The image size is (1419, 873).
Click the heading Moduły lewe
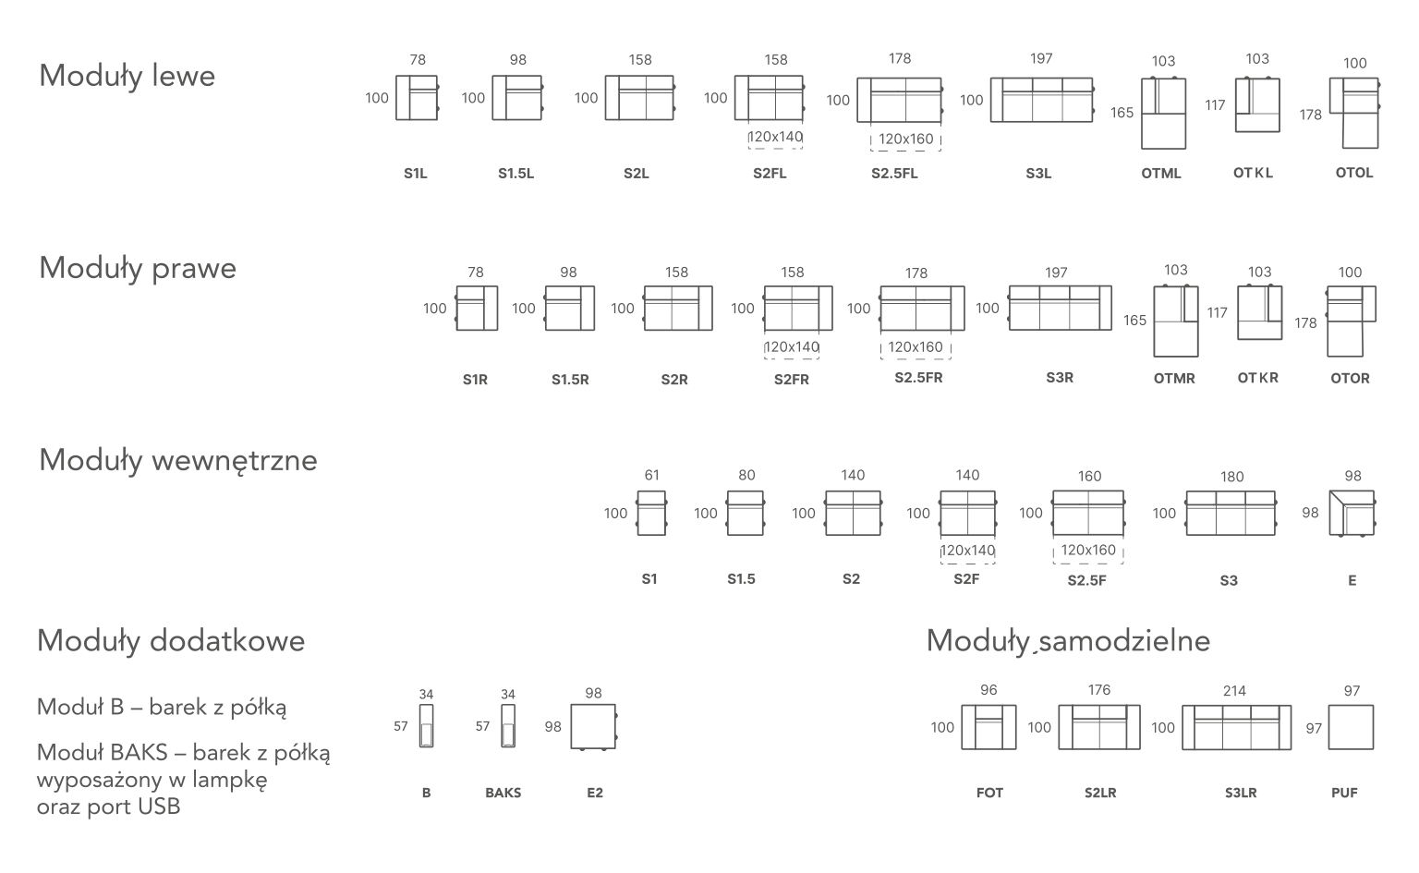[127, 76]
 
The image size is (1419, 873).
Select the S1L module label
[416, 173]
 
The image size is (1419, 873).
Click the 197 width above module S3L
[1040, 59]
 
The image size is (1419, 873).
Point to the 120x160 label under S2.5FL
[905, 139]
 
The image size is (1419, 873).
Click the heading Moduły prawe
[138, 268]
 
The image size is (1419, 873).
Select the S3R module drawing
[1060, 308]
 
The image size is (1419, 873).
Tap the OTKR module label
[1257, 378]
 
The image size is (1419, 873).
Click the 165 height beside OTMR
[1134, 321]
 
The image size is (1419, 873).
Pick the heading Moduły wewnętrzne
[177, 460]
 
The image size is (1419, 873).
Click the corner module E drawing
[1353, 514]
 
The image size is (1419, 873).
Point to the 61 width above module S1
[651, 476]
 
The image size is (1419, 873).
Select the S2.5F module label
[1086, 580]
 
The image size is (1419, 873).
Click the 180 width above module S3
[1231, 477]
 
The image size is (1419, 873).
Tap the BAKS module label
[503, 793]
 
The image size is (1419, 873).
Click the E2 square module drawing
[593, 727]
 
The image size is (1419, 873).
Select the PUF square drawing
[1352, 727]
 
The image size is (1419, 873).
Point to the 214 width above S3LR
[1233, 691]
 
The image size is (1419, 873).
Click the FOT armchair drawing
[988, 727]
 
